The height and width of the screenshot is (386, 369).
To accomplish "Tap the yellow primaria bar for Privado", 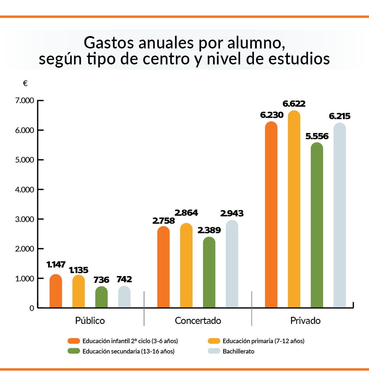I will pos(294,209).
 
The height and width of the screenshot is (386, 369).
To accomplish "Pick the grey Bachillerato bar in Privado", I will pos(340,215).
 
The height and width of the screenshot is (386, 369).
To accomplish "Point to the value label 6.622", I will pos(294,104).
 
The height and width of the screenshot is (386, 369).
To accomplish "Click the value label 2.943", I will pos(232,213).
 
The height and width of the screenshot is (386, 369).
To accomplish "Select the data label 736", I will pos(101,280).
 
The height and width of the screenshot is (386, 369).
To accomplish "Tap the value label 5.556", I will pos(317,136).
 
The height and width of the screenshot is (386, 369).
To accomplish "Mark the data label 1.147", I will pos(56,264).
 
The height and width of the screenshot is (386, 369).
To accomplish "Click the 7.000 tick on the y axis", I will pos(25,101).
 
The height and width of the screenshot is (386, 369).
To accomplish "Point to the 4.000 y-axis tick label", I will pos(25,190).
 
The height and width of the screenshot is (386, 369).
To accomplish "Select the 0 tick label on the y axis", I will pos(32,308).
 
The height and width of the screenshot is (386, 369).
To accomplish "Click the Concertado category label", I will pos(198,321).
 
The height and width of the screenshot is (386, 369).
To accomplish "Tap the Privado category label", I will pos(305,321).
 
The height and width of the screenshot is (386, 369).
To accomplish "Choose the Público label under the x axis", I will pos(90,321).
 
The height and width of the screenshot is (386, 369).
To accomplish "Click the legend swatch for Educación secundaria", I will pos(74,351).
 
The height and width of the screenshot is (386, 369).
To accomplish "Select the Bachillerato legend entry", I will pos(238,351).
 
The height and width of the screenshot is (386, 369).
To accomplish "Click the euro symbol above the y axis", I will pos(25,83).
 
